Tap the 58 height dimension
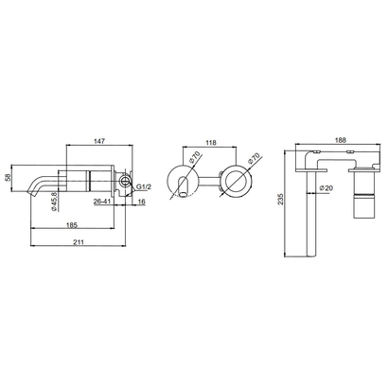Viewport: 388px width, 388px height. [9, 177]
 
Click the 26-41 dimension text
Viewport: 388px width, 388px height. [104, 202]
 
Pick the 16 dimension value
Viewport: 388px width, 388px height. [140, 202]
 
